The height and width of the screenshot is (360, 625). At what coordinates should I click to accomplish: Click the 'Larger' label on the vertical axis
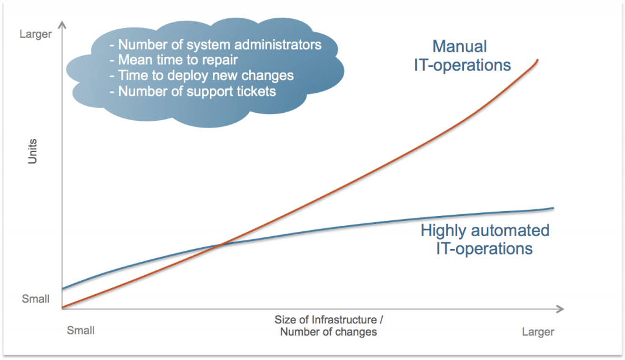(x=35, y=34)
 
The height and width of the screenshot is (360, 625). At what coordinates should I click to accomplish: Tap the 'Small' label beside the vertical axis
(x=35, y=298)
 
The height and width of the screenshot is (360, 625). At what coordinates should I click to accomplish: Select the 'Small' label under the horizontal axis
(x=81, y=330)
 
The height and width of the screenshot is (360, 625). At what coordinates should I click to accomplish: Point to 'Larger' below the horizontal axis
(x=538, y=332)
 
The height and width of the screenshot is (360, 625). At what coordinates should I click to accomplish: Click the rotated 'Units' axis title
(x=32, y=151)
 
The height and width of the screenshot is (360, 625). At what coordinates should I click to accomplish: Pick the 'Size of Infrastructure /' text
(x=328, y=320)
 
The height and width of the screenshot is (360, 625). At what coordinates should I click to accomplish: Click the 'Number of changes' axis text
(x=328, y=332)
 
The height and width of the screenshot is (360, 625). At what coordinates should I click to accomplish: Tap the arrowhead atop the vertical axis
(x=62, y=25)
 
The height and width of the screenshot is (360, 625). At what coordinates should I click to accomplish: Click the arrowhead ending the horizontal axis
(x=560, y=309)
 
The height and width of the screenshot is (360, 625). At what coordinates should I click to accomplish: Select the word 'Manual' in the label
(x=460, y=46)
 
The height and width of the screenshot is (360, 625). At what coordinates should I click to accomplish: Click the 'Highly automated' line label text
(x=485, y=231)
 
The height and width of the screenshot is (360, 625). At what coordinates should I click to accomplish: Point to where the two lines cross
(x=220, y=244)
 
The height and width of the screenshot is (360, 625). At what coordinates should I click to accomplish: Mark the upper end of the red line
(x=538, y=60)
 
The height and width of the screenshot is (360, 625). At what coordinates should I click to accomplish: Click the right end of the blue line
(x=553, y=207)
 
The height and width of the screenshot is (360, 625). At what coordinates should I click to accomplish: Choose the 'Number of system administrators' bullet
(x=215, y=45)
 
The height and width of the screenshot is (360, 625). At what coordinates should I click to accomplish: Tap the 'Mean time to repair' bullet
(x=173, y=60)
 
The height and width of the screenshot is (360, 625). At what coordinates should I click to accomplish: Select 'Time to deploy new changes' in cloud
(x=201, y=75)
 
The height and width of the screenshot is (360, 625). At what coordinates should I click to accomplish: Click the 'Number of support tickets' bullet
(x=192, y=92)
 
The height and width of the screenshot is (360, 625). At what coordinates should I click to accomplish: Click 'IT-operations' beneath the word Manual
(x=463, y=65)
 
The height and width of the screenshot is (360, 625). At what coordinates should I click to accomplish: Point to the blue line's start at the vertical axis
(x=63, y=289)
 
